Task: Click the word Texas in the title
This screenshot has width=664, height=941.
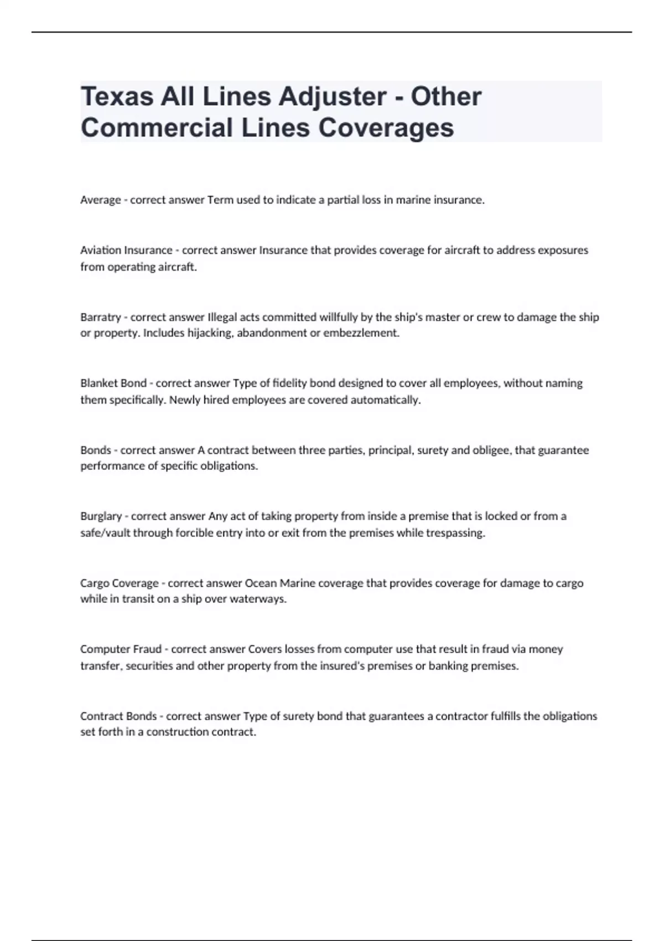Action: click(117, 97)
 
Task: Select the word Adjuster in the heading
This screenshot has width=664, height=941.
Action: click(332, 97)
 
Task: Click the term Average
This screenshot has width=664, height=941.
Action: click(100, 200)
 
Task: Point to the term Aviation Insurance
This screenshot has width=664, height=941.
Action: click(126, 250)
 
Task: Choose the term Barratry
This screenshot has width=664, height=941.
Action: click(100, 317)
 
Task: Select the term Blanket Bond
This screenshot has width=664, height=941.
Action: click(113, 383)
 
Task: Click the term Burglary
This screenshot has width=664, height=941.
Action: click(101, 516)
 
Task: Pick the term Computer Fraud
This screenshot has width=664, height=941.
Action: click(121, 649)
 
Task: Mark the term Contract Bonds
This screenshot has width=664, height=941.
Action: click(118, 716)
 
